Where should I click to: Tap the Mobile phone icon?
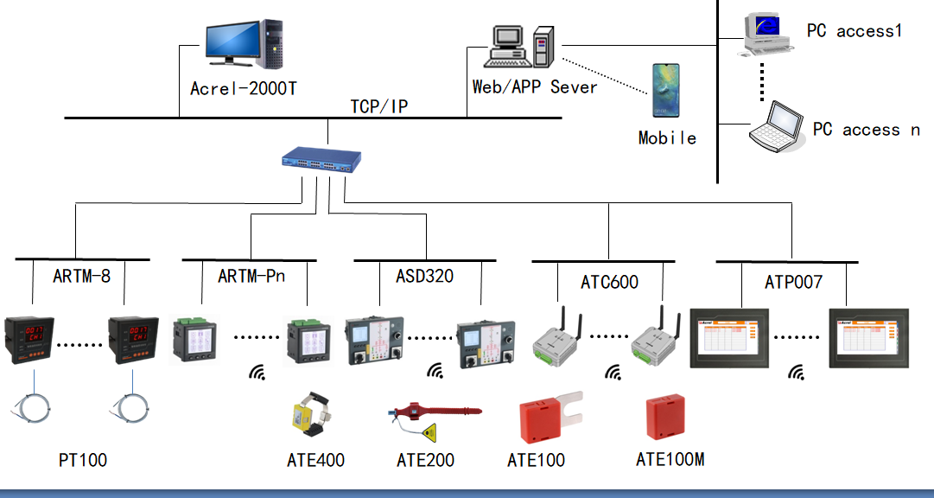666,90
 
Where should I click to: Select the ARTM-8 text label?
82,277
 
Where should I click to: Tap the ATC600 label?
609,283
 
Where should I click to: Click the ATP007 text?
793,282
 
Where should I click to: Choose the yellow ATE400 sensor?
313,417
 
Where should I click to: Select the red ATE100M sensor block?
665,418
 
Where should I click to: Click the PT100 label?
83,460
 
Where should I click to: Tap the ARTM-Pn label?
251,277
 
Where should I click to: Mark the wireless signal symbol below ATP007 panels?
796,373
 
